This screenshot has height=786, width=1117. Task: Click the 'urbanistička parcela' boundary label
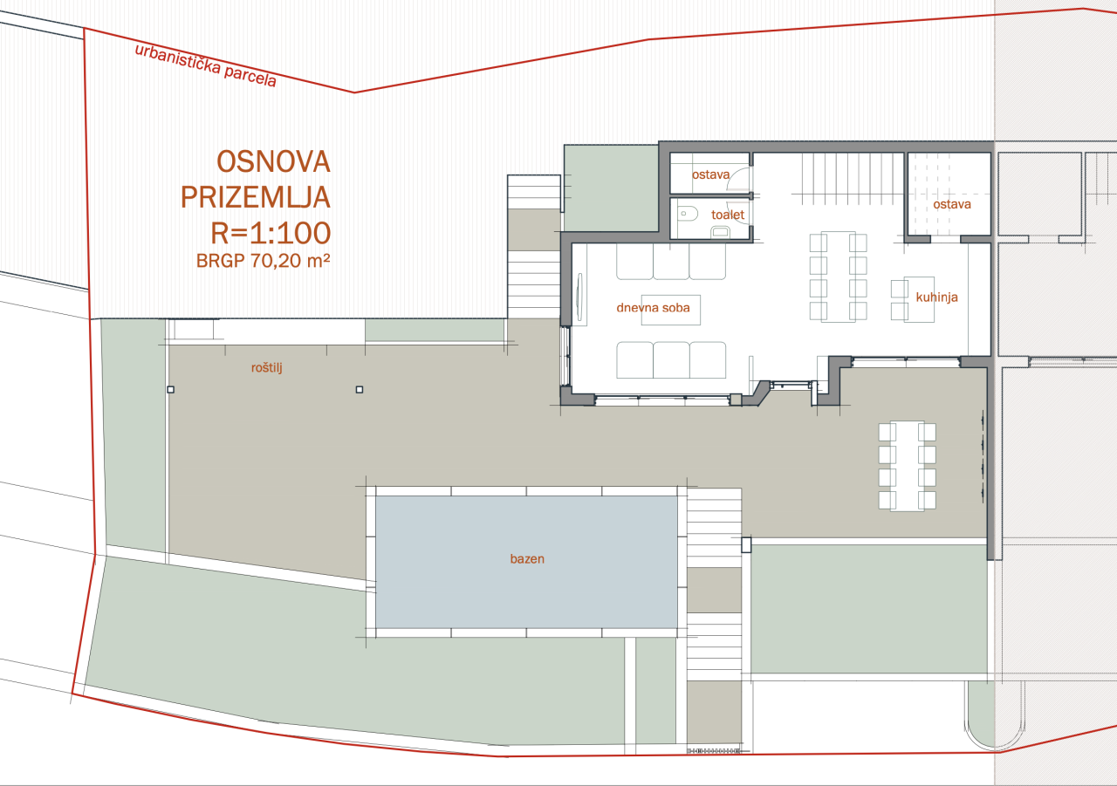[205, 65]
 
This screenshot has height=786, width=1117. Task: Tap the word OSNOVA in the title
[272, 162]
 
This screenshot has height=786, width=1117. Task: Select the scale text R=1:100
[270, 232]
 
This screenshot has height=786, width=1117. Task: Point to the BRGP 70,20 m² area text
[262, 259]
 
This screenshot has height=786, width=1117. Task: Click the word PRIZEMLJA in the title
[256, 197]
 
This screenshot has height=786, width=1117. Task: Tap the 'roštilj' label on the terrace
[266, 368]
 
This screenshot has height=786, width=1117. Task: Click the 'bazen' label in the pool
[527, 558]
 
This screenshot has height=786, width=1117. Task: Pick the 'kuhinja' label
[936, 297]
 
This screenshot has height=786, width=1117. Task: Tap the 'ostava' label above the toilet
[710, 174]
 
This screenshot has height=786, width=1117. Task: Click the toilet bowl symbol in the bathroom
[686, 212]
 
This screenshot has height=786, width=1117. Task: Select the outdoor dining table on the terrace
[908, 466]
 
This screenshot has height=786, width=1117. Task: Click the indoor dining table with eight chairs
[838, 276]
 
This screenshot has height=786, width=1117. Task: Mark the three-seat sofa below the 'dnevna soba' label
[671, 360]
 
